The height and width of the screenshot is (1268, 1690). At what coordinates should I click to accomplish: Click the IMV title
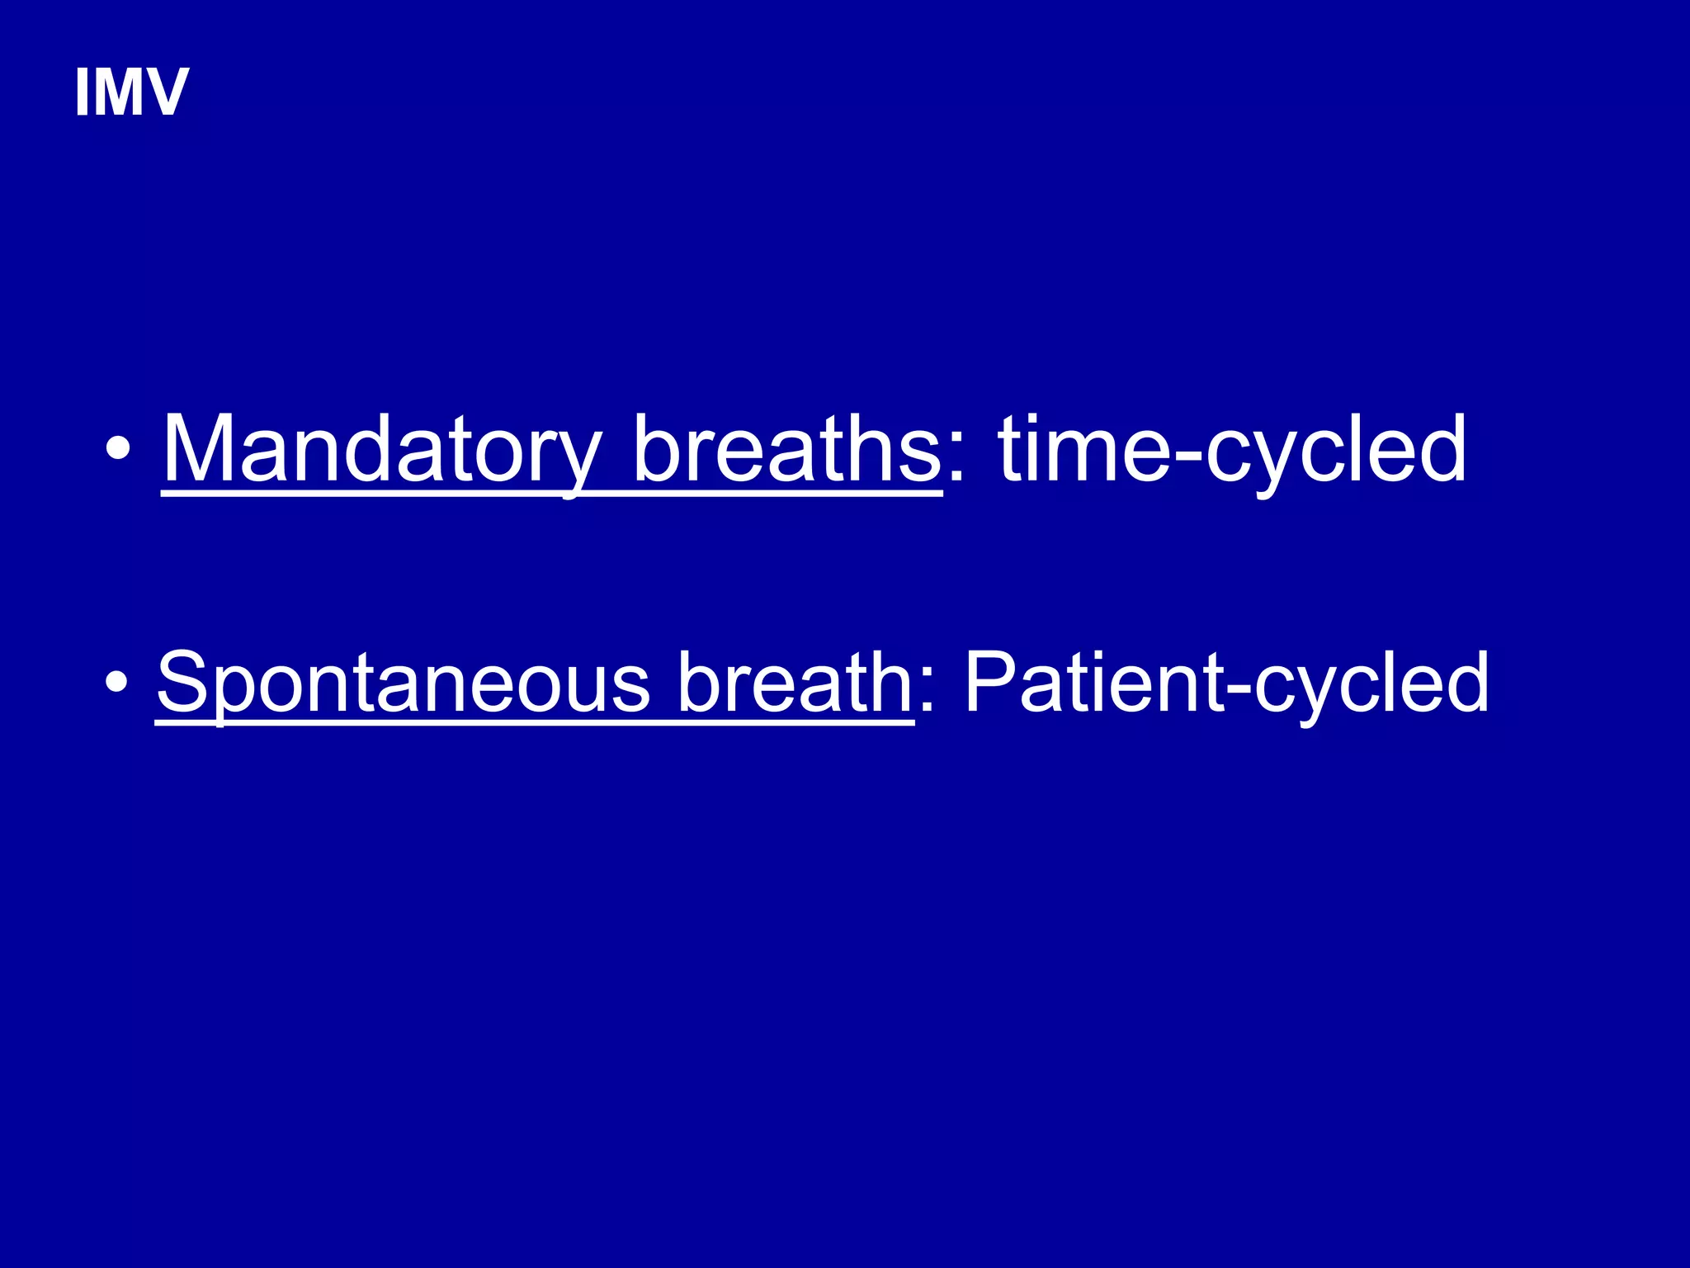131,92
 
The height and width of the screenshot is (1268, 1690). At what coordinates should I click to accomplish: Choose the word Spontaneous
404,684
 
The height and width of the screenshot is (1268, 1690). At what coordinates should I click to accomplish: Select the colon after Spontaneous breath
927,693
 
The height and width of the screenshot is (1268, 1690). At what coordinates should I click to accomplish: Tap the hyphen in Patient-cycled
1238,688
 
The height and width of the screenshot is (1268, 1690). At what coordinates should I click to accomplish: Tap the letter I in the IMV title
82,92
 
